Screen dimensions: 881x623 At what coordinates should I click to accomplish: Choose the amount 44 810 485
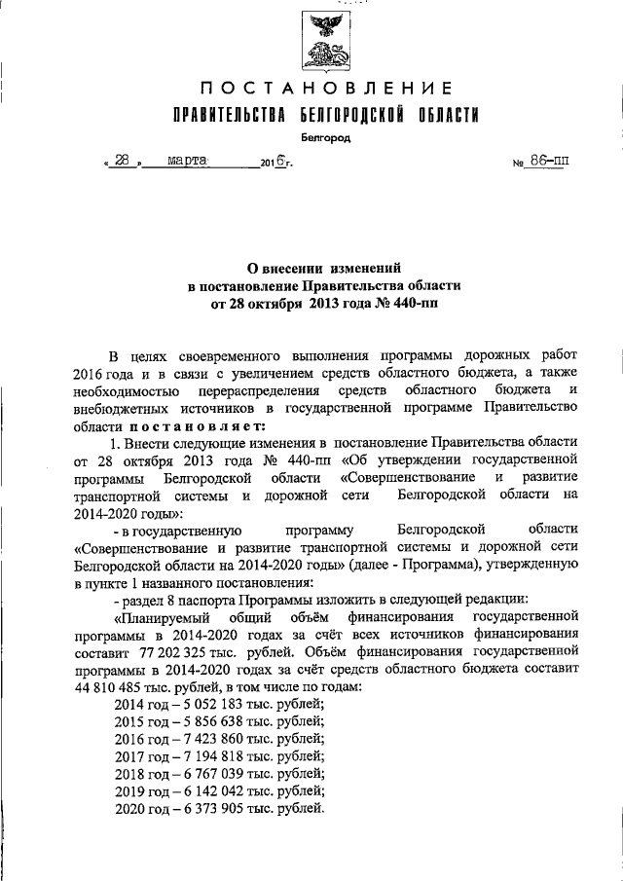tap(112, 687)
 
